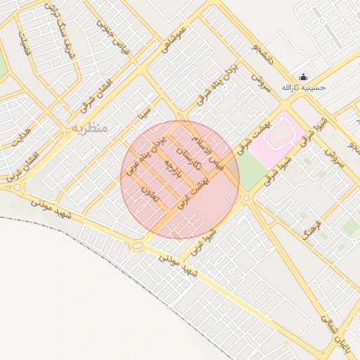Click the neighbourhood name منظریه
[89, 129]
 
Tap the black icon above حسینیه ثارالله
[303, 77]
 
